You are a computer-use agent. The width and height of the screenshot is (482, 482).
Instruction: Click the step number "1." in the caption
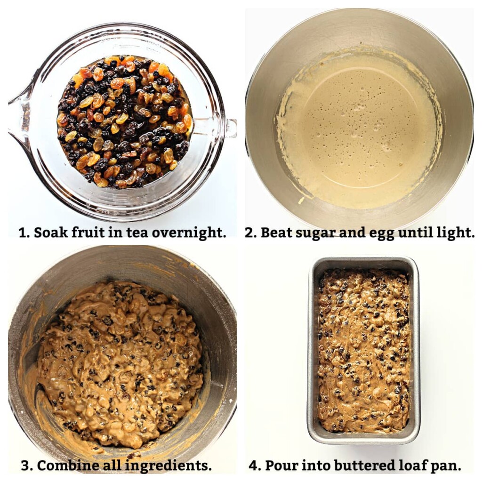(x=24, y=233)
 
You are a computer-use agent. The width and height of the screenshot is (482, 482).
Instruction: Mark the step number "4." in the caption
(x=254, y=466)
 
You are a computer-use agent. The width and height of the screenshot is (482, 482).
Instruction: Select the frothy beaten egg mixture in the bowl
(x=358, y=127)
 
